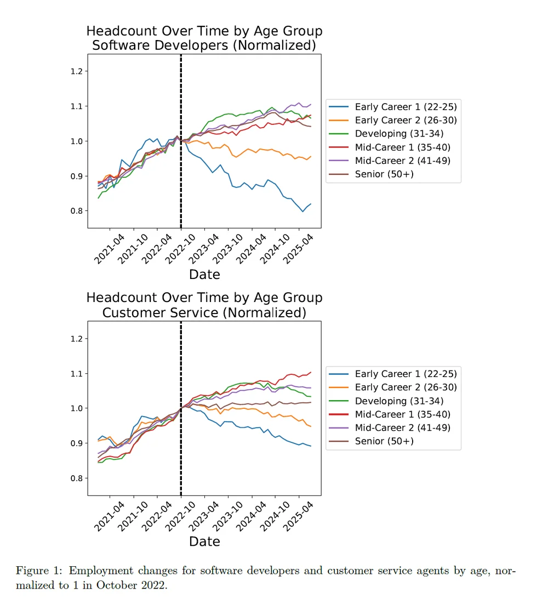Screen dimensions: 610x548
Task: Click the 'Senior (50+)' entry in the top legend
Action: [384, 174]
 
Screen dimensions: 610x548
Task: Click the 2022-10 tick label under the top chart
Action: [181, 250]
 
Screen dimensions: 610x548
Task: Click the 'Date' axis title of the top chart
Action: [204, 274]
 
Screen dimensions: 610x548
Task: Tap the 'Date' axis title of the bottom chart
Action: [204, 541]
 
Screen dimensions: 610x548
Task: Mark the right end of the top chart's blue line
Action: [311, 204]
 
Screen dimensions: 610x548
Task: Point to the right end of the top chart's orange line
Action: [311, 156]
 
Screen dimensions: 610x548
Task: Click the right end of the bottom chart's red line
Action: [311, 372]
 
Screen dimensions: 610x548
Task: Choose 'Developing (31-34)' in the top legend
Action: [399, 134]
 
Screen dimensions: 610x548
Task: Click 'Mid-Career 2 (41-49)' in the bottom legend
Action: [404, 427]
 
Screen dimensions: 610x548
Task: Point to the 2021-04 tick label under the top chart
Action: [110, 250]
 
